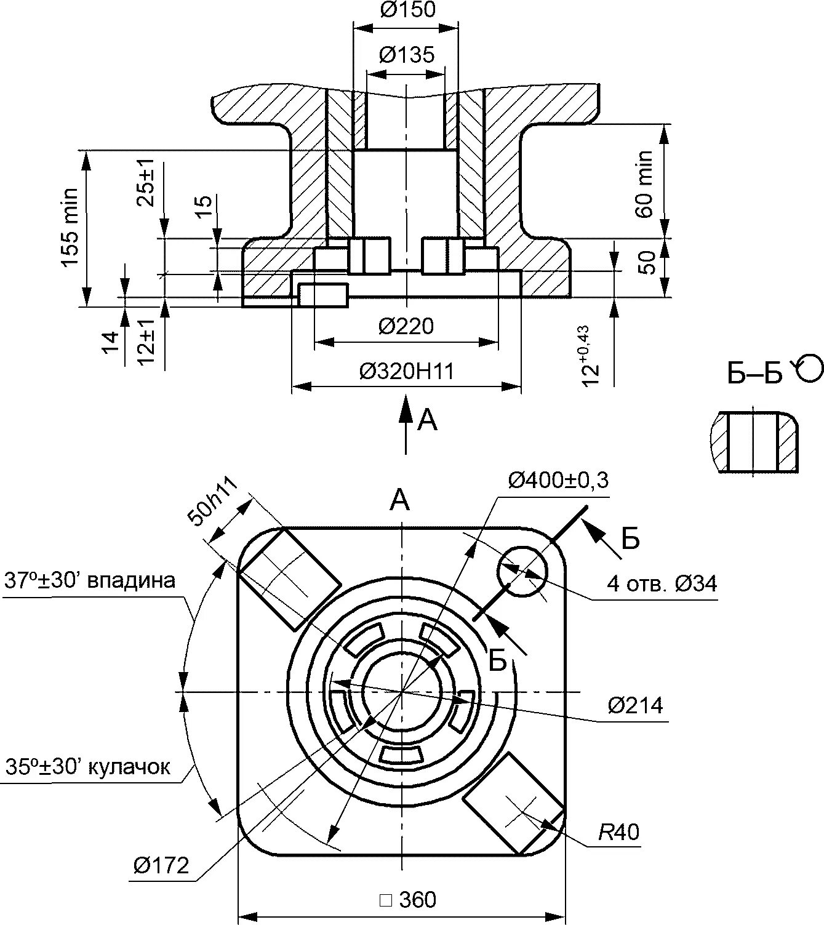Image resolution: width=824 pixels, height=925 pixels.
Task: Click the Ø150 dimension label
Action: point(407,10)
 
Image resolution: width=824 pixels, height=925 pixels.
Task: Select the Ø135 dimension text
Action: point(406,55)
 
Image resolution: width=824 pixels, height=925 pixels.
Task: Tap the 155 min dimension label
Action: point(70,227)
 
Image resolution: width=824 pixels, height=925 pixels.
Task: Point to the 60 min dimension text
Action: point(644,183)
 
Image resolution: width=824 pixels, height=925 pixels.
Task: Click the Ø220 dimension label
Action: point(406,326)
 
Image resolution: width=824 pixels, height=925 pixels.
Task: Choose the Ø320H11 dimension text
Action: point(407,371)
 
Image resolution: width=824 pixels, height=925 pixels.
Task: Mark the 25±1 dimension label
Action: point(146,183)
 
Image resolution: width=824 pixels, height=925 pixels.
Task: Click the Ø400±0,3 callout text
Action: point(558,479)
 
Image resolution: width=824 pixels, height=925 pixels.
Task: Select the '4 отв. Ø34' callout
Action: point(662,583)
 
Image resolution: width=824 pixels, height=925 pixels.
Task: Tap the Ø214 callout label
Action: point(636,705)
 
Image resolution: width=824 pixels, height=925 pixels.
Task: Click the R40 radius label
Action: point(619,832)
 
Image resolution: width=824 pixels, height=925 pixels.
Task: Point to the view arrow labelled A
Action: point(406,425)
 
